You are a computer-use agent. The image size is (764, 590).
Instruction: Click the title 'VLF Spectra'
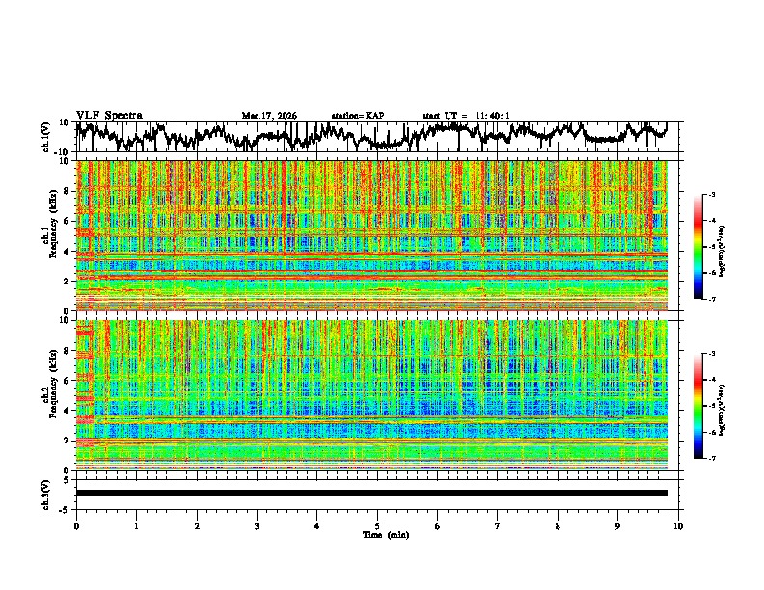coord(109,115)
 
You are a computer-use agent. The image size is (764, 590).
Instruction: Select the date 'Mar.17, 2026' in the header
coord(269,116)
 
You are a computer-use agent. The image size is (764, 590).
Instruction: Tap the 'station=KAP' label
coord(358,116)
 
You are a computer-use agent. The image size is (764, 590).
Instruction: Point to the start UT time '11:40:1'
coord(492,116)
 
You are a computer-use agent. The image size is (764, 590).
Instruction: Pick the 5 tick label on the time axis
coord(377,525)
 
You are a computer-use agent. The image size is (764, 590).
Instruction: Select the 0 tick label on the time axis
coord(76,525)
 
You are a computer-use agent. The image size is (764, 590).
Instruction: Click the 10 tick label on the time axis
coord(678,525)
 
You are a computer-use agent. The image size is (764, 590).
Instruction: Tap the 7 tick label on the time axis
coord(498,525)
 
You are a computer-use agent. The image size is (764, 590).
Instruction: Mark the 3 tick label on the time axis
coord(257,525)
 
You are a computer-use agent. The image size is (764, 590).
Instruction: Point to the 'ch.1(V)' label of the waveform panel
coord(45,137)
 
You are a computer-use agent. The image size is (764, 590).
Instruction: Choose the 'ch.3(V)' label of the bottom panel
coord(45,492)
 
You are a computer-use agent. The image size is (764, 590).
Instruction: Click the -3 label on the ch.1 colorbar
coord(710,195)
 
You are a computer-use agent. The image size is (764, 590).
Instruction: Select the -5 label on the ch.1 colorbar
coord(710,247)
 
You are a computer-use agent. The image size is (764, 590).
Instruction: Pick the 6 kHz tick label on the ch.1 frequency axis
coord(68,221)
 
